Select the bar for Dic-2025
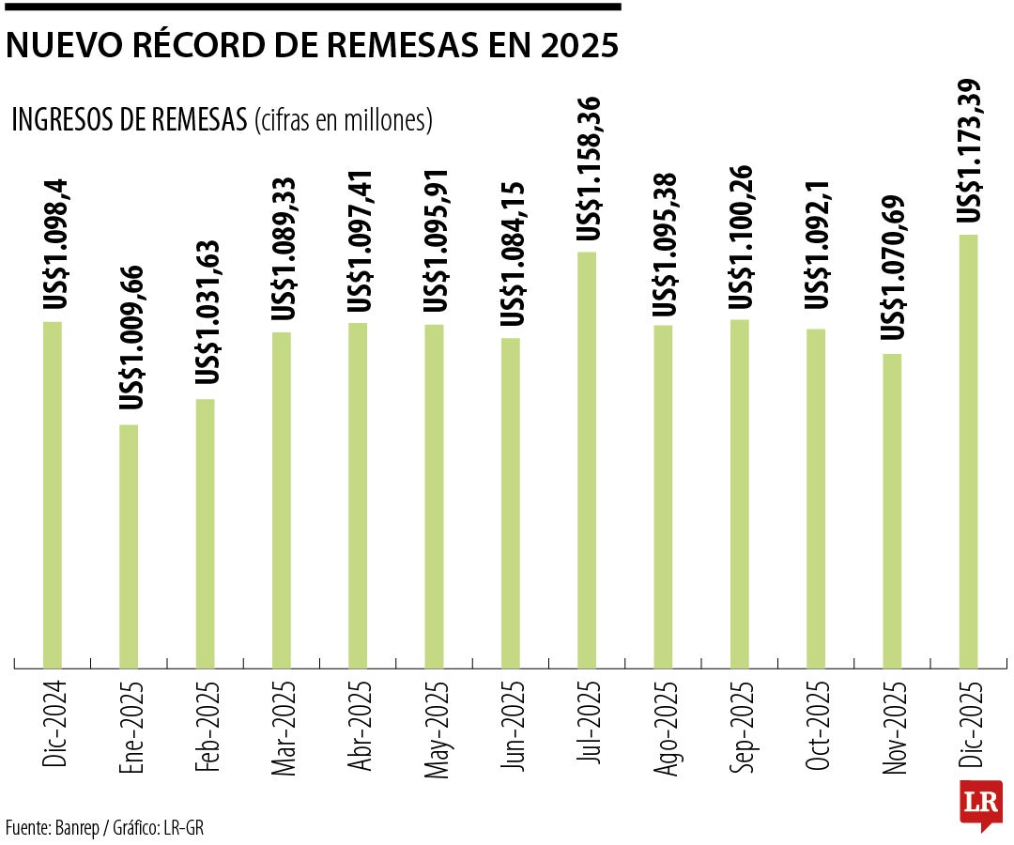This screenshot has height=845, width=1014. [x=968, y=451]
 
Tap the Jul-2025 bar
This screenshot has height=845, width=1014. [x=587, y=460]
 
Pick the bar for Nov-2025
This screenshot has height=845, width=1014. [x=892, y=511]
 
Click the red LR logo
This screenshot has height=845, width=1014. [x=980, y=804]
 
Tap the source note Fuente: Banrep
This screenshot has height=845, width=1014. [x=54, y=827]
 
